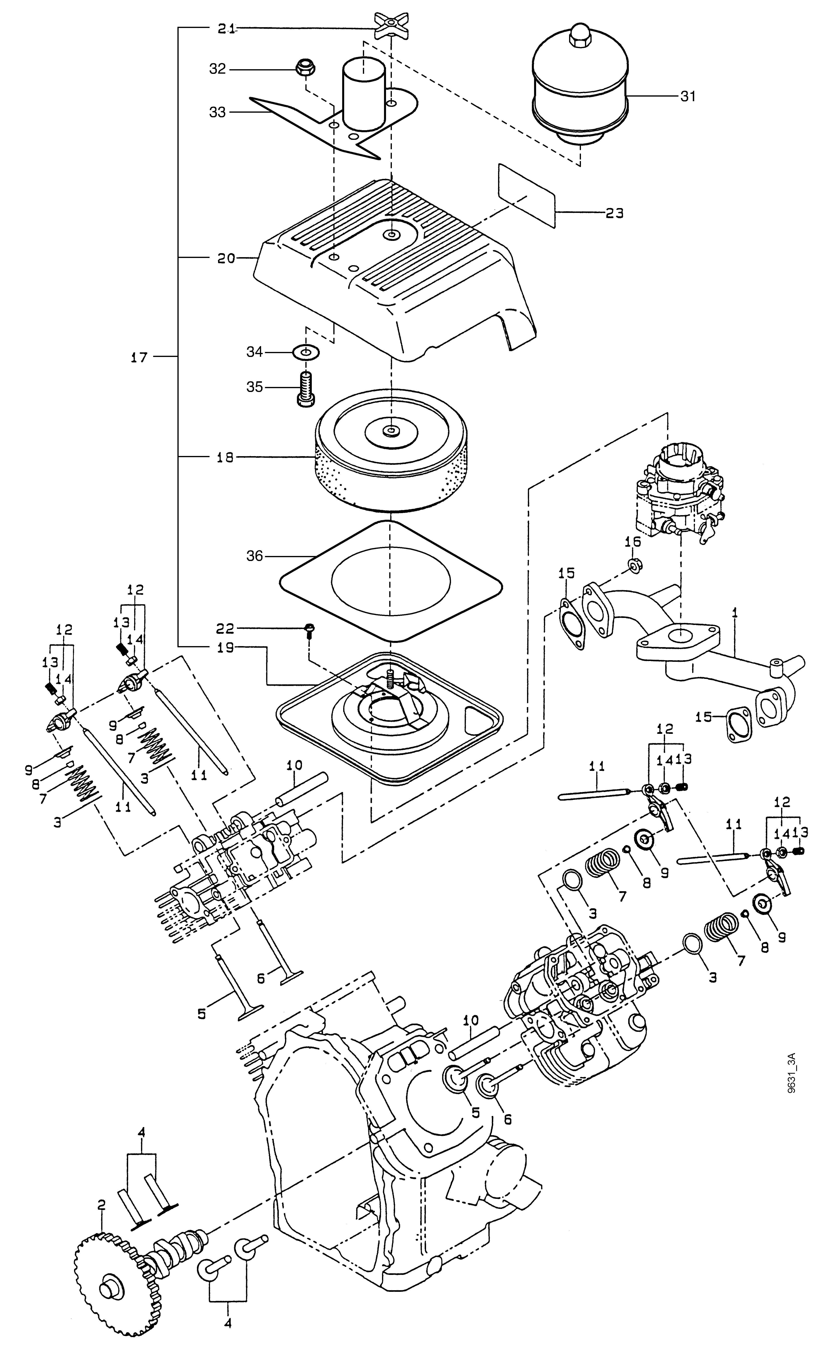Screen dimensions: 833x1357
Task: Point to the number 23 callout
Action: (x=614, y=213)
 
